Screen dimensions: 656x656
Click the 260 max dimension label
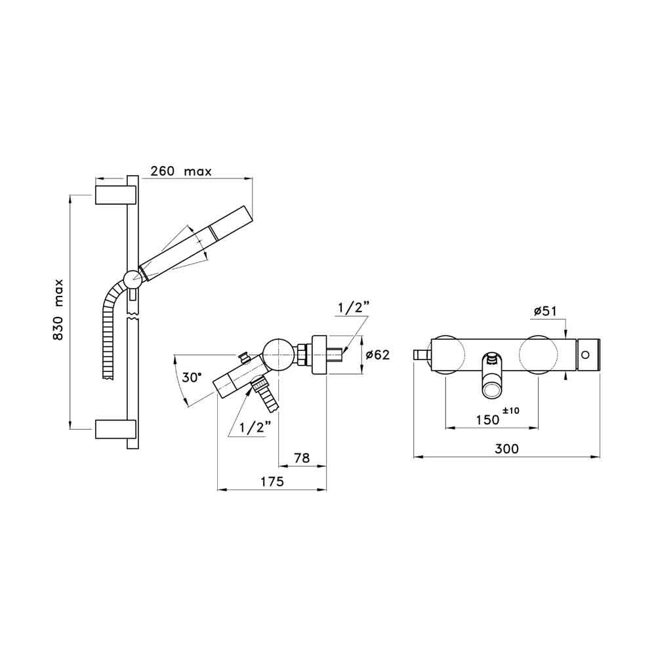pyautogui.click(x=180, y=172)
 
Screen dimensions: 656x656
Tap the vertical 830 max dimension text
pyautogui.click(x=58, y=309)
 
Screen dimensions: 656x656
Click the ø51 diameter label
pyautogui.click(x=545, y=312)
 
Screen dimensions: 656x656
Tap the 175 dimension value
pyautogui.click(x=271, y=482)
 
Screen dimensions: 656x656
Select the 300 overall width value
pyautogui.click(x=506, y=449)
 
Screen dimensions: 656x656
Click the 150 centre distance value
pyautogui.click(x=487, y=420)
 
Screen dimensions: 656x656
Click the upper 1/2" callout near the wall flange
pyautogui.click(x=354, y=307)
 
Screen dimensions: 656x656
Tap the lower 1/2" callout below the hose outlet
pyautogui.click(x=255, y=427)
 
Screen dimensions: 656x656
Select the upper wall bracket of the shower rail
pyautogui.click(x=115, y=195)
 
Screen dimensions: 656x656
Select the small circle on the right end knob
pyautogui.click(x=585, y=355)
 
